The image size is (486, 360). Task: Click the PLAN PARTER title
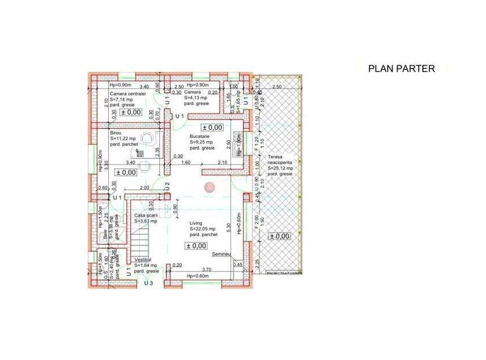pyautogui.click(x=401, y=69)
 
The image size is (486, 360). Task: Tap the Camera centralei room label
pyautogui.click(x=128, y=94)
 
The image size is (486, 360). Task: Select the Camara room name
pyautogui.click(x=193, y=92)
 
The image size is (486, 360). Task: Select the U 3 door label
pyautogui.click(x=149, y=282)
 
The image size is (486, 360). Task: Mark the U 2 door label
pyautogui.click(x=168, y=185)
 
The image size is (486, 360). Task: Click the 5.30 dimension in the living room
pyautogui.click(x=228, y=227)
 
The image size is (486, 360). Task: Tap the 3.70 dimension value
pyautogui.click(x=207, y=270)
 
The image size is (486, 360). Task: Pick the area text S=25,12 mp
pyautogui.click(x=281, y=168)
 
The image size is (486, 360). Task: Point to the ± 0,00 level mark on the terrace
pyautogui.click(x=279, y=236)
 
